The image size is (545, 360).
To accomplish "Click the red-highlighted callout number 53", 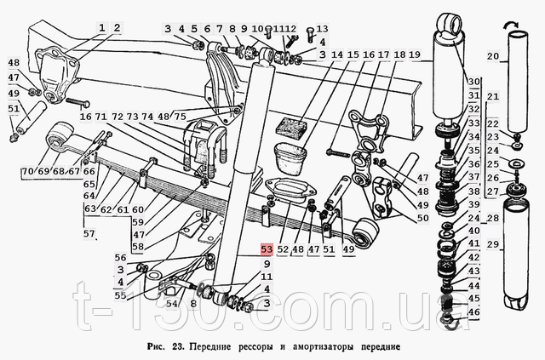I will [x=266, y=249].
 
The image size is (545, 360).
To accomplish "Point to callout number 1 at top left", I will [x=102, y=27].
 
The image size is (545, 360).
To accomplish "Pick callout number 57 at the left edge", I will [x=89, y=232].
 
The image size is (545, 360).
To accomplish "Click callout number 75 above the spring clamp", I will [x=181, y=116].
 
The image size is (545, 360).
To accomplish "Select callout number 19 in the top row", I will [x=415, y=55].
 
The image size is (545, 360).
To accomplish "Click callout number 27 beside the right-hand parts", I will [x=491, y=191].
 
